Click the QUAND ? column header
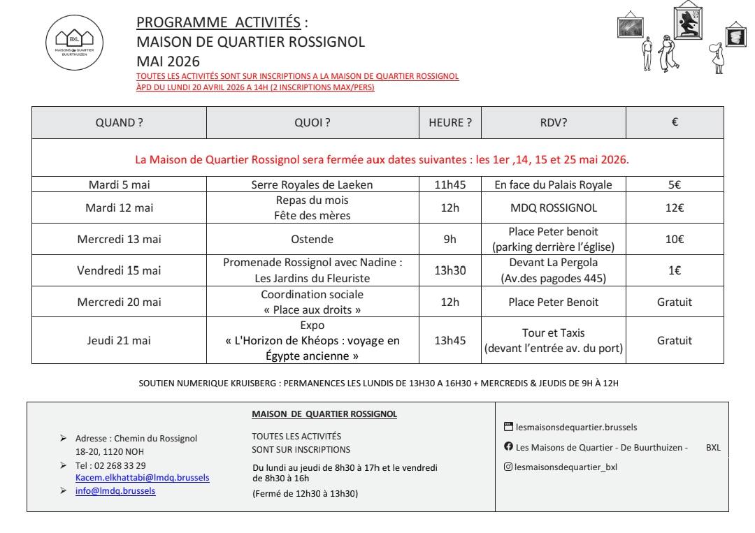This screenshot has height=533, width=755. tap(119, 122)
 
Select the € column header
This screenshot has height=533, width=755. tap(675, 122)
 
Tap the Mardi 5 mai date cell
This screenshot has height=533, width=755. tap(119, 185)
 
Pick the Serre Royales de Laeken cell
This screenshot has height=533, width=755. tap(312, 185)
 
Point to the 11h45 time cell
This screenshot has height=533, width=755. tap(450, 185)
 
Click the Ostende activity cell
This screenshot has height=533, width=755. tap(312, 239)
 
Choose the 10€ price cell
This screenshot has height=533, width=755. tap(675, 239)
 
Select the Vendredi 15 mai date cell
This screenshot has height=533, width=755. tap(119, 270)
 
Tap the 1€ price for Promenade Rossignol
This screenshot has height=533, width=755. tap(675, 270)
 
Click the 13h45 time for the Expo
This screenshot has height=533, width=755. tap(450, 340)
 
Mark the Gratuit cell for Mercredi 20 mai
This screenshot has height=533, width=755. tap(675, 302)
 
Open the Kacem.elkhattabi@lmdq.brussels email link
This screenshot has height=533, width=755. tap(142, 478)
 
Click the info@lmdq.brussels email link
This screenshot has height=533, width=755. tap(115, 490)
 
